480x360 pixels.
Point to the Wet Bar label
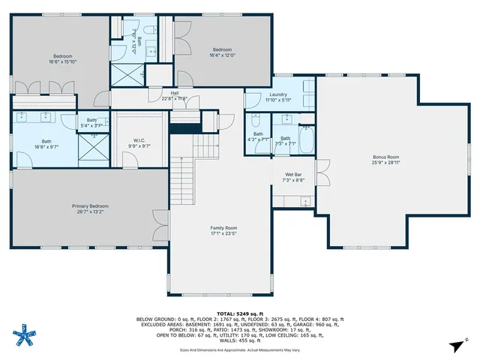pyautogui.click(x=292, y=175)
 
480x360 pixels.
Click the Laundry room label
pyautogui.click(x=278, y=94)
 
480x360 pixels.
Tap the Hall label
pyautogui.click(x=174, y=93)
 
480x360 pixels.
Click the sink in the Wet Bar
pyautogui.click(x=305, y=200)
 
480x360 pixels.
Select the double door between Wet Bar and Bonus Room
pyautogui.click(x=322, y=174)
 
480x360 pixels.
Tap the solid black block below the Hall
pyautogui.click(x=180, y=127)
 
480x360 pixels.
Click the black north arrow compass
pyautogui.click(x=454, y=345)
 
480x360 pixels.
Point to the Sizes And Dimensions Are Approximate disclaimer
pyautogui.click(x=239, y=349)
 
